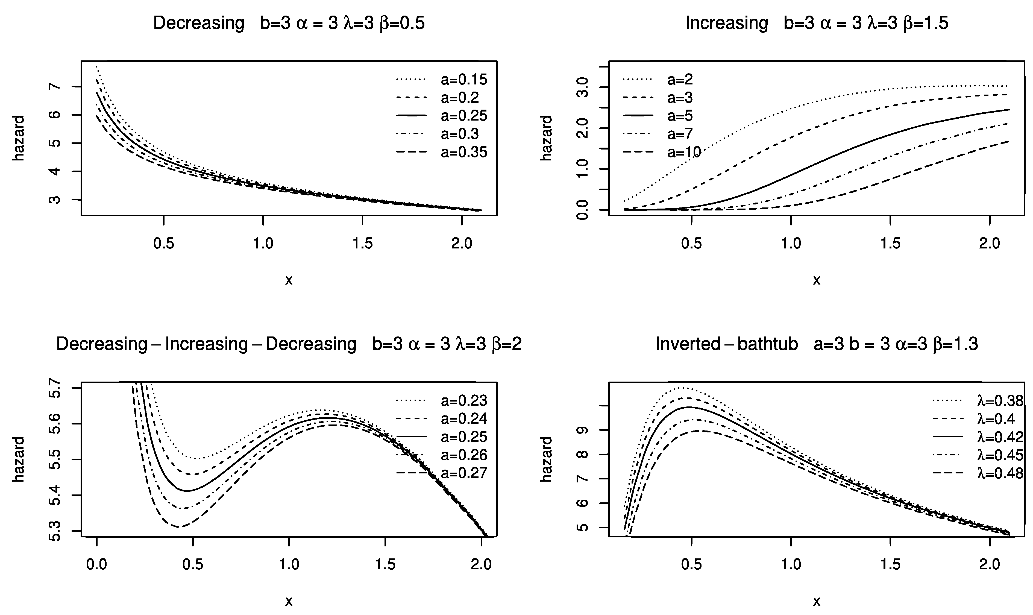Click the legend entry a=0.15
click(x=464, y=80)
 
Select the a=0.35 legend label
click(x=464, y=153)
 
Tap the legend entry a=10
click(x=684, y=153)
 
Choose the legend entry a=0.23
click(x=464, y=401)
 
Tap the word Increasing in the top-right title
click(x=726, y=23)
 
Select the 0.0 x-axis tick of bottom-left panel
click(x=96, y=564)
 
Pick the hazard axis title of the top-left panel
click(x=19, y=138)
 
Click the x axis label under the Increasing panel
click(x=816, y=280)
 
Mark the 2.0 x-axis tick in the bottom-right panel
click(x=990, y=564)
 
